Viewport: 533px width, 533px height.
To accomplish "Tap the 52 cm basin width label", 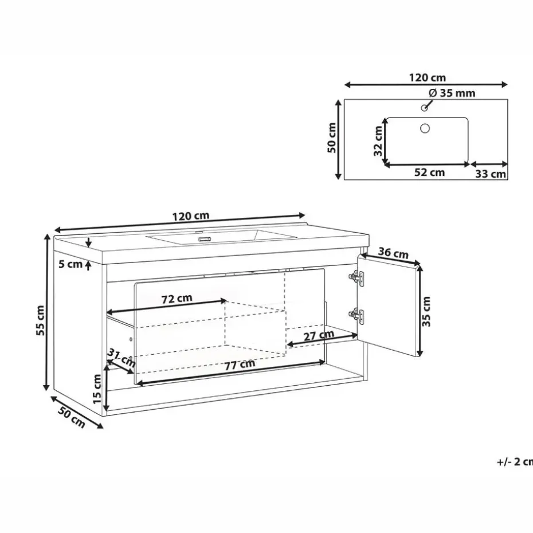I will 429,173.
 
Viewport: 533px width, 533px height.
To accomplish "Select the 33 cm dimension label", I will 491,174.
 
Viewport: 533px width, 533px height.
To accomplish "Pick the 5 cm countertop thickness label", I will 70,264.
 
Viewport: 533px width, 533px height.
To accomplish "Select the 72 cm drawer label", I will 176,298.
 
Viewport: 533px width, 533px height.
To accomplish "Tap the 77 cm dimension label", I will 239,365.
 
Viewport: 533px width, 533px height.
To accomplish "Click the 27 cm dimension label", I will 319,335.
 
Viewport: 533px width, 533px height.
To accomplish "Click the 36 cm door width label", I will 393,253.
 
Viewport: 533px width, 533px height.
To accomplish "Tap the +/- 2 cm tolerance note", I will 515,461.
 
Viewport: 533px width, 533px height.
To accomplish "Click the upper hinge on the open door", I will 358,278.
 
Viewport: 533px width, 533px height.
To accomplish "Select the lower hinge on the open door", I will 358,314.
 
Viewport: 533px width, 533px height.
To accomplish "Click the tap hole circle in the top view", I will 425,107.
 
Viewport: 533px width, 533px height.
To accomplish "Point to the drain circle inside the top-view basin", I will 425,128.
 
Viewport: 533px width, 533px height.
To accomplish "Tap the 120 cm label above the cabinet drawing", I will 190,216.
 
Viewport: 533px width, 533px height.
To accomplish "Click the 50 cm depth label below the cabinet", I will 72,415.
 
